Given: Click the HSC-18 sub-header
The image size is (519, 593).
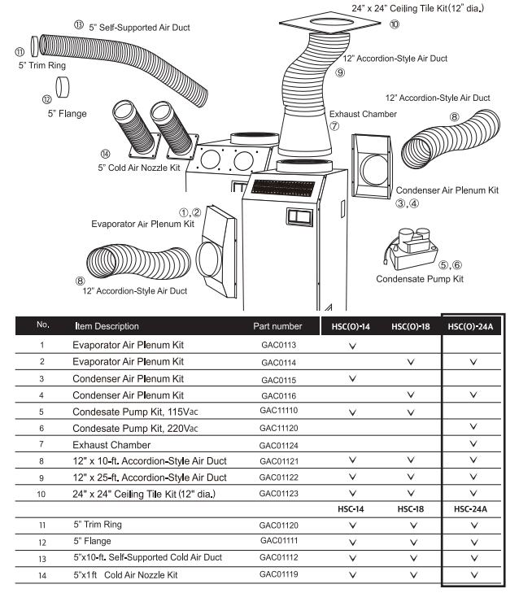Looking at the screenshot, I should [x=409, y=508].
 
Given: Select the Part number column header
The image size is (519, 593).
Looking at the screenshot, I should [x=277, y=326].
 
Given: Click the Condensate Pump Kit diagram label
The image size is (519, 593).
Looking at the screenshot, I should [x=421, y=279].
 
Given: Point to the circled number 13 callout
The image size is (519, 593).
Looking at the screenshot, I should [x=79, y=25].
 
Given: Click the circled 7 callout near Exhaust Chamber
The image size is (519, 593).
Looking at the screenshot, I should [x=334, y=126].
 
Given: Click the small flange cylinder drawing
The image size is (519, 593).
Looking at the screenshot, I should [x=64, y=84].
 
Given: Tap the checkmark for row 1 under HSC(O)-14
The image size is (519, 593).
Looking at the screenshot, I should [x=351, y=346].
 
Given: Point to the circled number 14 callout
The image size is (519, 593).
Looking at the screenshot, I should [x=103, y=154].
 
